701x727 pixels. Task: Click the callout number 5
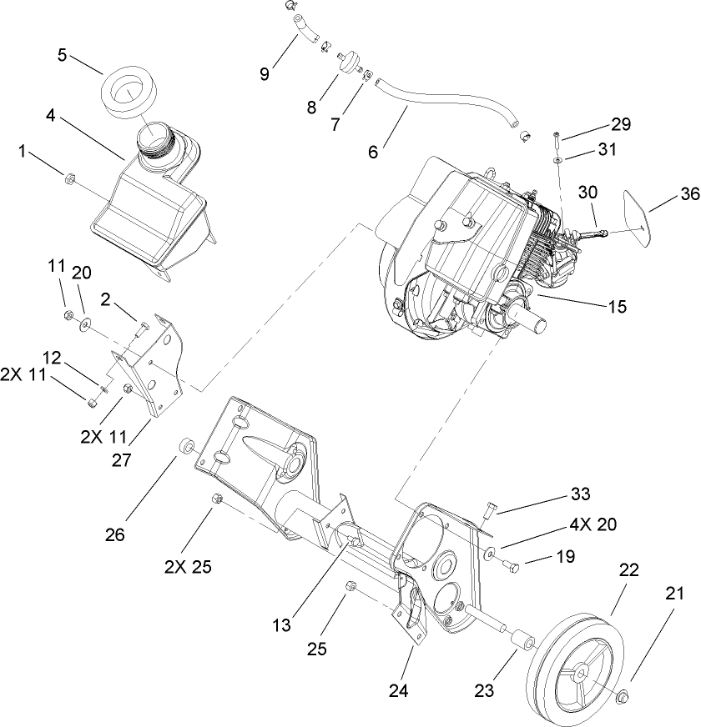63,55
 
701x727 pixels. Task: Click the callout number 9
265,73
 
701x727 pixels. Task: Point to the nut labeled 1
70,178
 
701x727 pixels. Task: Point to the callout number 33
579,494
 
